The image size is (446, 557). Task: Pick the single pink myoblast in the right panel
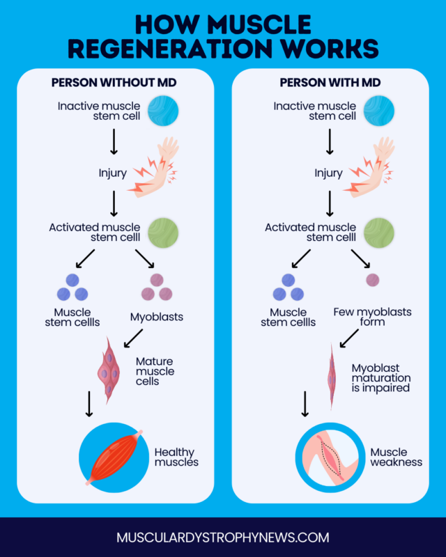tap(373, 280)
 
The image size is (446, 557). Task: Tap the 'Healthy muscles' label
tap(176, 457)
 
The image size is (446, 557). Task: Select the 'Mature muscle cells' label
tap(155, 371)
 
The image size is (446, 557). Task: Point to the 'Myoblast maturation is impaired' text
tap(380, 377)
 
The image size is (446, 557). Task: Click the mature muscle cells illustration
tap(109, 369)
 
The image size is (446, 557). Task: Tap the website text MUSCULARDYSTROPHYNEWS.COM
tap(223, 538)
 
